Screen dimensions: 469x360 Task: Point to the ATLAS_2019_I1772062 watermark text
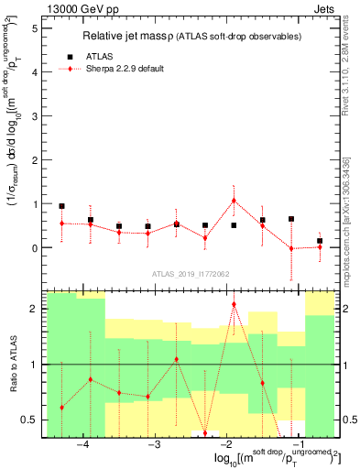(x=191, y=274)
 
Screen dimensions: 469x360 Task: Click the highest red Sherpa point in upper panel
(x=234, y=201)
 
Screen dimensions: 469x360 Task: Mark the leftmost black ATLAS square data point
(x=62, y=206)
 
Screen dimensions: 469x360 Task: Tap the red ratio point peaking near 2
(x=234, y=304)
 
